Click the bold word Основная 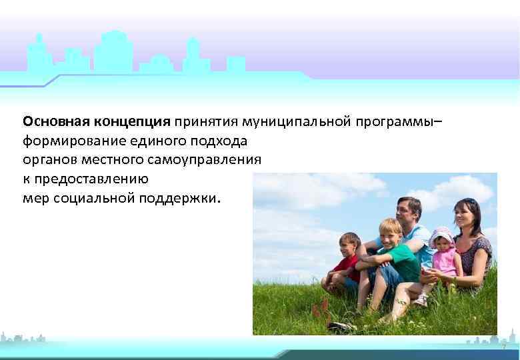56,122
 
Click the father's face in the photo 409,211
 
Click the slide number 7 503,347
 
